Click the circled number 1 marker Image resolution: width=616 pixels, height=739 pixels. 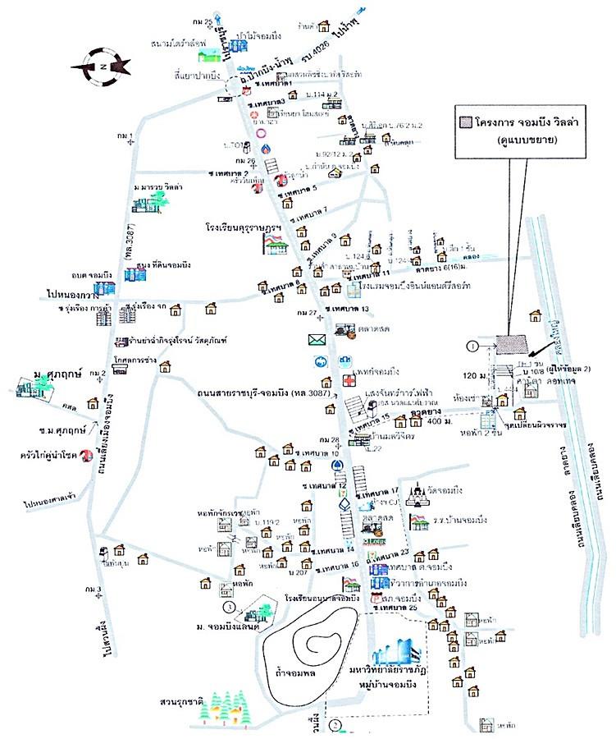(471, 346)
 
